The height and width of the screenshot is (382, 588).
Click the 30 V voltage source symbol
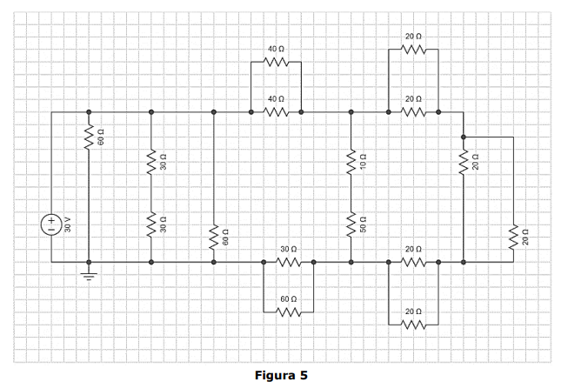tap(51, 224)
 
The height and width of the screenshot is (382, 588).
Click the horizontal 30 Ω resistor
tap(289, 261)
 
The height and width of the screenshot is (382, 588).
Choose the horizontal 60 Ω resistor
tap(289, 312)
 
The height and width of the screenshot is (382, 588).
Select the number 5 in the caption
tap(304, 375)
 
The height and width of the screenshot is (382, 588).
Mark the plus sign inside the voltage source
tap(51, 218)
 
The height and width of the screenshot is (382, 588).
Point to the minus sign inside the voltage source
tap(51, 230)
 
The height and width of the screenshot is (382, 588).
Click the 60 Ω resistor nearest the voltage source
tap(88, 137)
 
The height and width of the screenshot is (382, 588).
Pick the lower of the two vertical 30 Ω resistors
tap(151, 225)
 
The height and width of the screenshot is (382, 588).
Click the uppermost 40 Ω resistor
tap(276, 63)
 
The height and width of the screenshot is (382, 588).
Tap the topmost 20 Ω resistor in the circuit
tap(413, 50)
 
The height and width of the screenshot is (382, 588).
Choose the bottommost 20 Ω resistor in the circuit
tap(413, 324)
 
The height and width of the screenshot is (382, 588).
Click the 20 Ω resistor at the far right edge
tap(513, 235)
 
